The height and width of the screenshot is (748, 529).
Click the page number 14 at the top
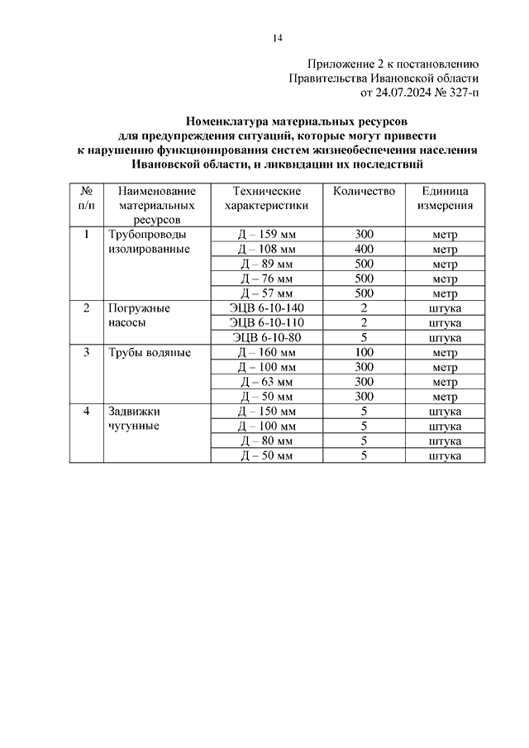[279, 38]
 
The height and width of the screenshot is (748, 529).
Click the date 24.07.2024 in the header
[393, 93]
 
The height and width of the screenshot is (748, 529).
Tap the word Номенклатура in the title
[234, 120]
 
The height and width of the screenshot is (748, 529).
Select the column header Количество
[364, 191]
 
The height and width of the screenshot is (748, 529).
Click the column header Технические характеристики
[266, 198]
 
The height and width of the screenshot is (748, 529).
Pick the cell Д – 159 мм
[266, 235]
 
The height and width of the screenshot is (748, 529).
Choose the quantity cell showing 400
[364, 249]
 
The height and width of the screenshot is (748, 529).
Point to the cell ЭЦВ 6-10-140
[266, 308]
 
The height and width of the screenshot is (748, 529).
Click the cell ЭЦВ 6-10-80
[266, 337]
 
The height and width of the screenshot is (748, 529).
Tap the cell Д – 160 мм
[266, 353]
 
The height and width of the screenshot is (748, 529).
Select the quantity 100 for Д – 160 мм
[364, 353]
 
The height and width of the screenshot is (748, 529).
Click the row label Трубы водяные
[148, 353]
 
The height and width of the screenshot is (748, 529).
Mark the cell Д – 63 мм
[266, 382]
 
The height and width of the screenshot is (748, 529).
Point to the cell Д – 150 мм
[266, 412]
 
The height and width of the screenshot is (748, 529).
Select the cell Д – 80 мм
[266, 441]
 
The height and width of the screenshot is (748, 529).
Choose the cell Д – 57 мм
[266, 293]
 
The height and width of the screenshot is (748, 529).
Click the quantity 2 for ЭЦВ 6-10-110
[364, 322]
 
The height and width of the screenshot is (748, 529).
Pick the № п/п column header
[85, 198]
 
